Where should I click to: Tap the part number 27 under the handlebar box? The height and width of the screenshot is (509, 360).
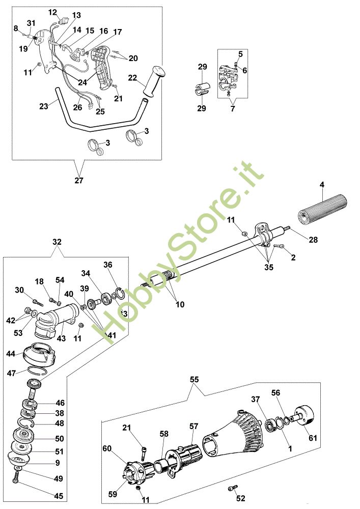(78, 180)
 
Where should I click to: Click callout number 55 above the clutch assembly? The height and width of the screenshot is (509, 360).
(195, 380)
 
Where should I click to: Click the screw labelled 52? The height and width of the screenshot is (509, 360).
(233, 489)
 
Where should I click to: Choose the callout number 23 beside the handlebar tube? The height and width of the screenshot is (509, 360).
(43, 106)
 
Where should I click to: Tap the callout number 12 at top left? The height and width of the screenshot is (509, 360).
(52, 12)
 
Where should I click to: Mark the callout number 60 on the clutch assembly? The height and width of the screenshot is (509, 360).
(107, 448)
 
